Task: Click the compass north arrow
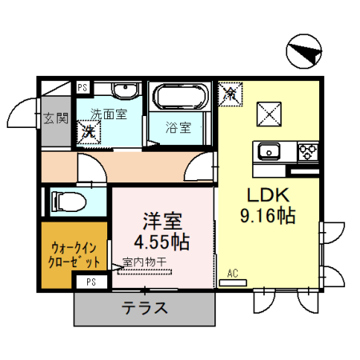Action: coord(303,54)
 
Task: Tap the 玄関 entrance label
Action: coord(56,119)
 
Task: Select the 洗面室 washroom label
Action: coord(108,114)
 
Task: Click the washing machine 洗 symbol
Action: coord(86,133)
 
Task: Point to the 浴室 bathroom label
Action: coord(178,126)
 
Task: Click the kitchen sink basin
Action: coord(266,150)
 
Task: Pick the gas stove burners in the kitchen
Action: coord(308,150)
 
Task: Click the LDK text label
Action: coord(260,197)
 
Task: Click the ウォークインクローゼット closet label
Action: coord(74,254)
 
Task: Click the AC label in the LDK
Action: coord(234,273)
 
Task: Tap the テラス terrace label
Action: coord(145,308)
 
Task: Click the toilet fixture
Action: coord(65,199)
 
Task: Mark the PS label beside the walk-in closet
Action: coord(91,281)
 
